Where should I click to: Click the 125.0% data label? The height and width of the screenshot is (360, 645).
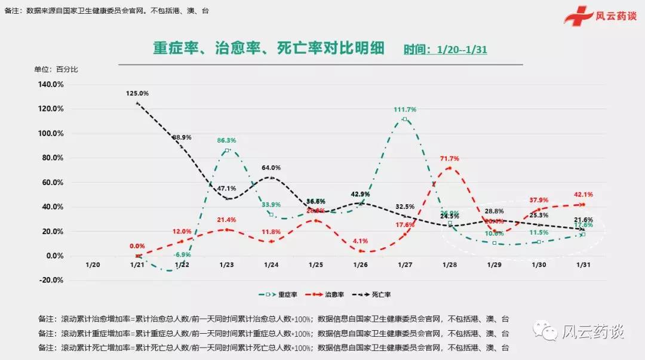click(137, 93)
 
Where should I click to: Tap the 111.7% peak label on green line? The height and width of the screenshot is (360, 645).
click(405, 109)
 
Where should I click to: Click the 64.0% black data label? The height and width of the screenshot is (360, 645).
click(271, 168)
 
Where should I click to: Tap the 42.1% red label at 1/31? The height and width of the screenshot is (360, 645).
click(583, 195)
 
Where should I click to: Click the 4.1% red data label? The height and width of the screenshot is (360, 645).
click(360, 241)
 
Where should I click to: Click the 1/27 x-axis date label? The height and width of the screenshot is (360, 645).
click(405, 264)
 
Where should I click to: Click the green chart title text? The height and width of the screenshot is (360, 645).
click(260, 48)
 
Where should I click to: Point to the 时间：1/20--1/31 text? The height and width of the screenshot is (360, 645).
click(445, 50)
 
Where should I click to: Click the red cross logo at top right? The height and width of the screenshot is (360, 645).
click(578, 16)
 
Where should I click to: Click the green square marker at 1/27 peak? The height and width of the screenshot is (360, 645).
click(405, 119)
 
